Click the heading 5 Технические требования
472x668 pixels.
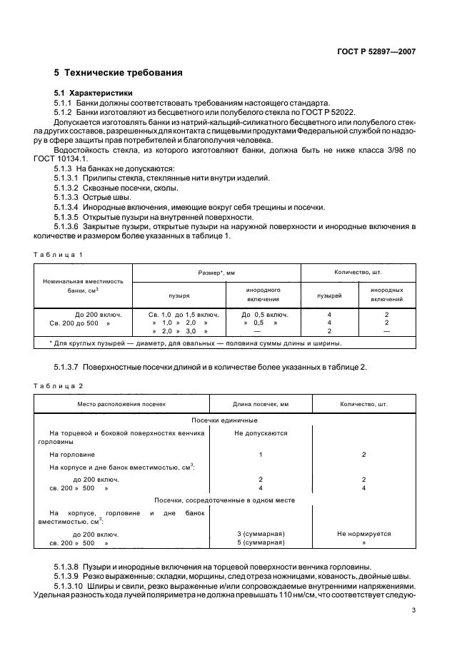pos(118,73)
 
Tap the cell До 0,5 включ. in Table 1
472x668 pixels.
pos(264,314)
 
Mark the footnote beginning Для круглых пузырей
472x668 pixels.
pos(196,343)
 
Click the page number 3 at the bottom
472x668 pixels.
pos(413,610)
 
